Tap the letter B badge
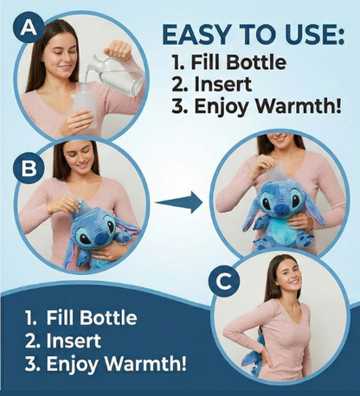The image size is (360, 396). click(28, 168)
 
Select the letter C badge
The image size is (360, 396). click(224, 282)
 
